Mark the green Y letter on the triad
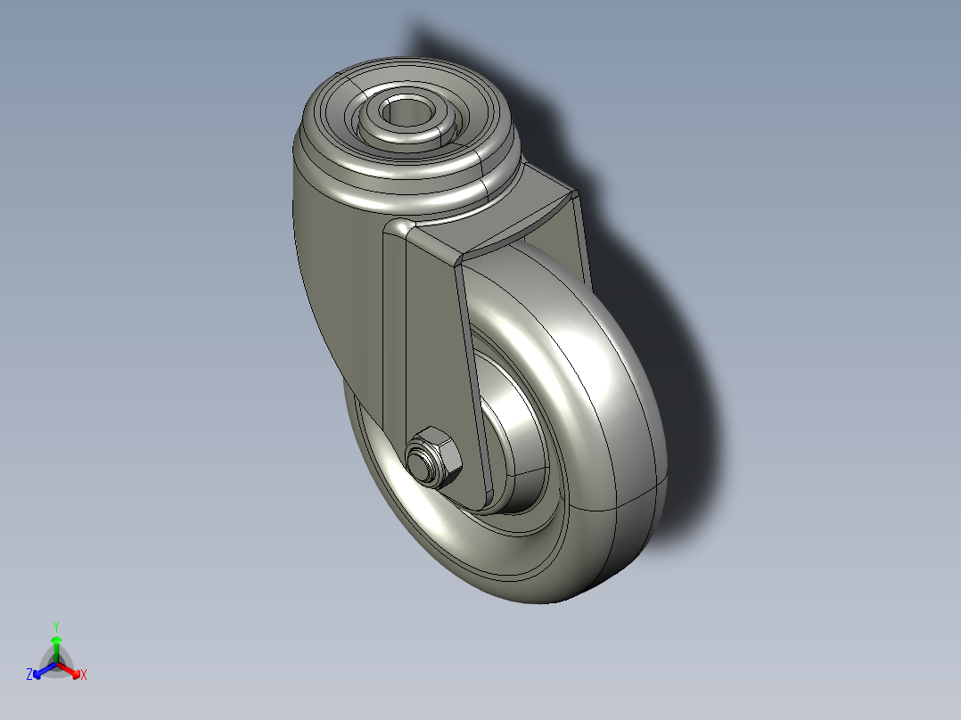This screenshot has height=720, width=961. (55, 626)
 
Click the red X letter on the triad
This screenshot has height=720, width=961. (84, 675)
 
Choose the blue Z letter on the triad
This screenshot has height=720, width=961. (29, 675)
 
